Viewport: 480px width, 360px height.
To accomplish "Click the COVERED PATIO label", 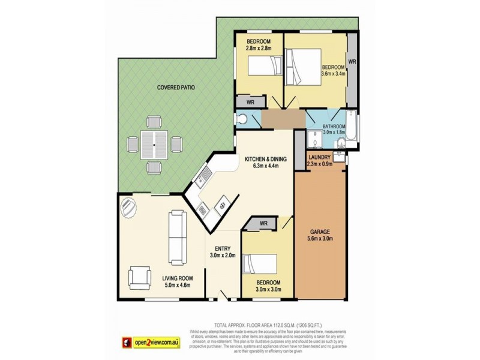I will pos(176,88).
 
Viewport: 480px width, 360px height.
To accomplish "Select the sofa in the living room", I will pos(178,236).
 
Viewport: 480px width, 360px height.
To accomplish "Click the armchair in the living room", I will pos(139,278).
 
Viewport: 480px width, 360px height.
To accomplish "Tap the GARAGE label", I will pos(320,230).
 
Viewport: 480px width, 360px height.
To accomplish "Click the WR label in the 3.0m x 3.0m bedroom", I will pos(263,224).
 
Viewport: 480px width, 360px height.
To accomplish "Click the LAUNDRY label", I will pos(319,157).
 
